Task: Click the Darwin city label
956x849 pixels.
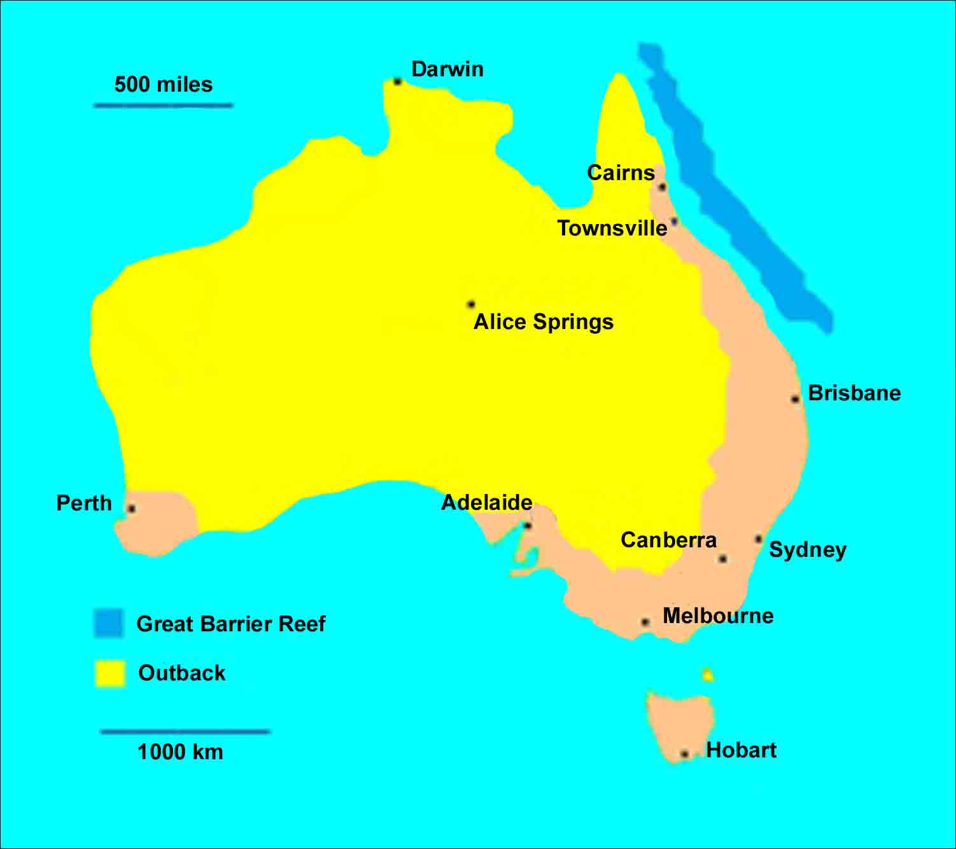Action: [x=447, y=69]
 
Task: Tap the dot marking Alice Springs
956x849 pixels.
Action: [x=471, y=304]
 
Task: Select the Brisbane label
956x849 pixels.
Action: [x=854, y=393]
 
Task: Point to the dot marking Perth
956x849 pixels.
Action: [x=131, y=509]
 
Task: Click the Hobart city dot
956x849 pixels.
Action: [x=684, y=754]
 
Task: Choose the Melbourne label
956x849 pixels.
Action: [x=718, y=615]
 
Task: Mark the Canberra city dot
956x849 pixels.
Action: [x=722, y=559]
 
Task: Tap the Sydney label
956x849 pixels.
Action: [x=808, y=549]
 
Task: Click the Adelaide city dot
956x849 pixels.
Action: [x=527, y=526]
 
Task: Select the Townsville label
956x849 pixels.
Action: [x=612, y=228]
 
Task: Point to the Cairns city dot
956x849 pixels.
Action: [x=662, y=187]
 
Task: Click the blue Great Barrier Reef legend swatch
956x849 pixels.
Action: [x=108, y=623]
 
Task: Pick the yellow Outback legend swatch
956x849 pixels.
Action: [x=109, y=673]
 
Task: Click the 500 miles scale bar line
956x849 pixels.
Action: [x=164, y=105]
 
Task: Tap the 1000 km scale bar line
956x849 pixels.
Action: [x=185, y=732]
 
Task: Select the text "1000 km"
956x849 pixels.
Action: [x=180, y=752]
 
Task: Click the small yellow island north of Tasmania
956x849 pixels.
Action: [x=707, y=675]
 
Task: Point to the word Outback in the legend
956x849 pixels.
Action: [x=181, y=673]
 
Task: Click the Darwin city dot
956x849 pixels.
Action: [x=397, y=81]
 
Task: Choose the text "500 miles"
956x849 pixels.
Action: [x=164, y=84]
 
